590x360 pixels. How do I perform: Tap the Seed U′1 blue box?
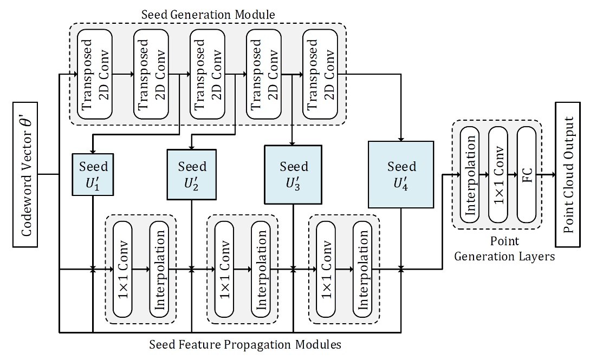click(93, 175)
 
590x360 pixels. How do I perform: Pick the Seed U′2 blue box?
click(192, 175)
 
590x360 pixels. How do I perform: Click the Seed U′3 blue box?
click(293, 174)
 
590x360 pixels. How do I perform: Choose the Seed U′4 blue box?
click(401, 174)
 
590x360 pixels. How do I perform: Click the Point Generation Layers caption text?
click(504, 248)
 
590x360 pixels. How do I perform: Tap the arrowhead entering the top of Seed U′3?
click(293, 142)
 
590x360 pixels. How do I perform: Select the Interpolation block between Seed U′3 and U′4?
click(364, 269)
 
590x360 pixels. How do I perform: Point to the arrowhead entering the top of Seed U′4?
click(401, 138)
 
